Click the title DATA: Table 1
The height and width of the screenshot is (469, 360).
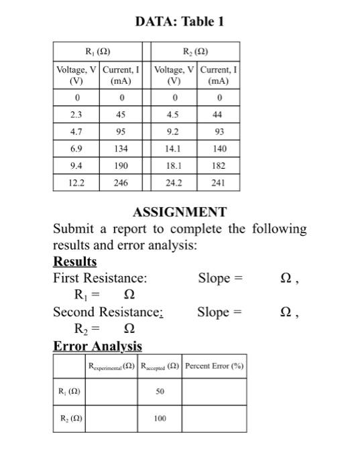coord(180,22)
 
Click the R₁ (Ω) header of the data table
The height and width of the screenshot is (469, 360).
coord(98,52)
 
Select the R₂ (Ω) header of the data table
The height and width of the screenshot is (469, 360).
coord(198,52)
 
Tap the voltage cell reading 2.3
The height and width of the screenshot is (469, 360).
coord(76,115)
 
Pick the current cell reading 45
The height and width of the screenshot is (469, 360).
coord(121,115)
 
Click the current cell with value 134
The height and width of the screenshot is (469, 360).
coord(121,148)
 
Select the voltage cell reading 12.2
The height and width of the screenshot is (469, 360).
coord(76,182)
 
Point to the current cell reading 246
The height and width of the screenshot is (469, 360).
coord(121,182)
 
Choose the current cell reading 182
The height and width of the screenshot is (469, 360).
coord(219,165)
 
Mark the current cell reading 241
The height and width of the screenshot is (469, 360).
coord(219,182)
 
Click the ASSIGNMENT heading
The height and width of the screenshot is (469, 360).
coord(180,212)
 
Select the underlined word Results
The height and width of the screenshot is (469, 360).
coord(74,262)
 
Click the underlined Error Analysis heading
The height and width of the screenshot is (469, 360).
coord(97,346)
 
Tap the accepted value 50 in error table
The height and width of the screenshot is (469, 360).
coord(160,391)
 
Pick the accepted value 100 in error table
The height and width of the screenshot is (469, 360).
coord(160,418)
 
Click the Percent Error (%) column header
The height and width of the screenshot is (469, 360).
coord(215,366)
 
